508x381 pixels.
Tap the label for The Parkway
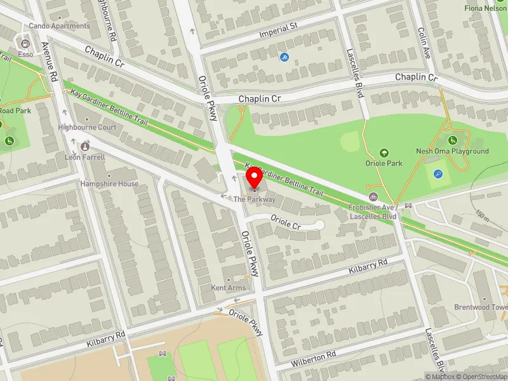pyautogui.click(x=254, y=199)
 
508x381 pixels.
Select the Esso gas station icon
pyautogui.click(x=25, y=44)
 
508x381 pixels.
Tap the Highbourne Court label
pyautogui.click(x=87, y=127)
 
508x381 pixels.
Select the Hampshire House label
pyautogui.click(x=109, y=184)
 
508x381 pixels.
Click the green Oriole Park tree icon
pyautogui.click(x=384, y=152)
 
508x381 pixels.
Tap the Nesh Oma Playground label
pyautogui.click(x=452, y=151)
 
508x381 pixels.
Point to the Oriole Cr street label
pyautogui.click(x=285, y=224)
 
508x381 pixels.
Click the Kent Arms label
pyautogui.click(x=228, y=288)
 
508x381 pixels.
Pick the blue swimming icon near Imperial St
pyautogui.click(x=284, y=57)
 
